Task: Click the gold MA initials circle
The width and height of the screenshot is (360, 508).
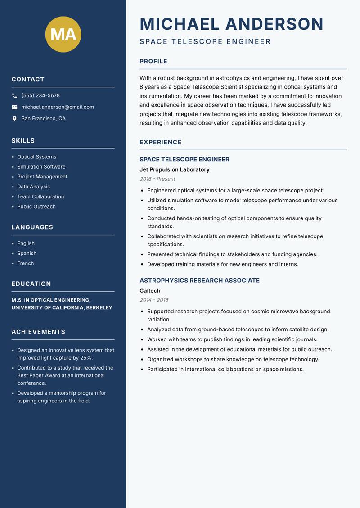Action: tap(63, 34)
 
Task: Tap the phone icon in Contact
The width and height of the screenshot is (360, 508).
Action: tap(14, 96)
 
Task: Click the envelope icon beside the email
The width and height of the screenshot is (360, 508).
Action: tap(14, 107)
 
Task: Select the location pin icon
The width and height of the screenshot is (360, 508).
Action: tap(14, 119)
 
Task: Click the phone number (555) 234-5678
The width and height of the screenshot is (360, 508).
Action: tap(40, 96)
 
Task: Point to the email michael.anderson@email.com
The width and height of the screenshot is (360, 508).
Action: tap(58, 107)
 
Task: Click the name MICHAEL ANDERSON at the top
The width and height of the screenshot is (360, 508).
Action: tap(231, 24)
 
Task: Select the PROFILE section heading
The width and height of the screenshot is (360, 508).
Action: tap(153, 62)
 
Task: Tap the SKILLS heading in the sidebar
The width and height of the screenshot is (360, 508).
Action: tap(23, 141)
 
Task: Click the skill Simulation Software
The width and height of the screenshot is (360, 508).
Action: tap(41, 167)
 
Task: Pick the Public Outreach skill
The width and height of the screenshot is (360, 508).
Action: tap(36, 207)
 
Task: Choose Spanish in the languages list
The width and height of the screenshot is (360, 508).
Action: tap(27, 254)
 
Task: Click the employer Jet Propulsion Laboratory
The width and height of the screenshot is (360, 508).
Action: tap(174, 170)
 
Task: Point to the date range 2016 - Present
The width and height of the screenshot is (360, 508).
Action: tap(157, 179)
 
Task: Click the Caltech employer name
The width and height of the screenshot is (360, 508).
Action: tap(150, 291)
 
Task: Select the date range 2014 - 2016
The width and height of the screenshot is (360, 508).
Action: tap(154, 300)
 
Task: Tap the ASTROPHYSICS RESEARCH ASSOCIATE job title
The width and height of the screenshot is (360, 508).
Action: tap(199, 281)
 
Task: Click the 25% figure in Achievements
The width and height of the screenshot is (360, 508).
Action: tap(86, 358)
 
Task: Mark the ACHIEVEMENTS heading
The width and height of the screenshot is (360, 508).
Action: tap(38, 332)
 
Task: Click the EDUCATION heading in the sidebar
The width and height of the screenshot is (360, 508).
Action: tap(31, 284)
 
